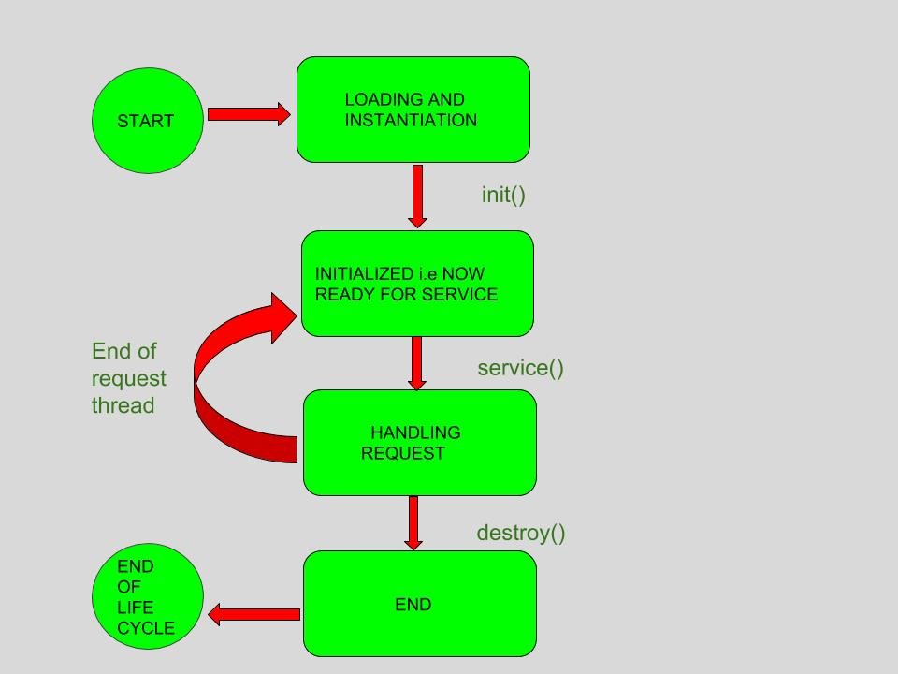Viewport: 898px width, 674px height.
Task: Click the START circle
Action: point(147,121)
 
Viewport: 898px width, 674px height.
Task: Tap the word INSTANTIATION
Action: point(411,120)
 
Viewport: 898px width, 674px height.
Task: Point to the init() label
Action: point(503,195)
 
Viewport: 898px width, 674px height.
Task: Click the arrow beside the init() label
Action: point(417,196)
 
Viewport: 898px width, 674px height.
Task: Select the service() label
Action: point(520,368)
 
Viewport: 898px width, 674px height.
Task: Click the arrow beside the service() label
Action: point(417,363)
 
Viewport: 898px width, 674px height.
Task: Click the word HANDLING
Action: point(415,432)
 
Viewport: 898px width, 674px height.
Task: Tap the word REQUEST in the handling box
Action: point(403,453)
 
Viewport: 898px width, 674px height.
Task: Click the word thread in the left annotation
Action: point(123,405)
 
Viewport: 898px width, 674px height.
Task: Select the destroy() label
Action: point(521,533)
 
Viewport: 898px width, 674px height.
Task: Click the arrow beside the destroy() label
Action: point(413,522)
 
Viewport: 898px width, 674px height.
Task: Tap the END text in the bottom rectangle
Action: point(413,605)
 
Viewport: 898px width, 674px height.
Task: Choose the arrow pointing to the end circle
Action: point(253,615)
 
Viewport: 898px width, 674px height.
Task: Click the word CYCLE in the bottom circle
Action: point(146,628)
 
